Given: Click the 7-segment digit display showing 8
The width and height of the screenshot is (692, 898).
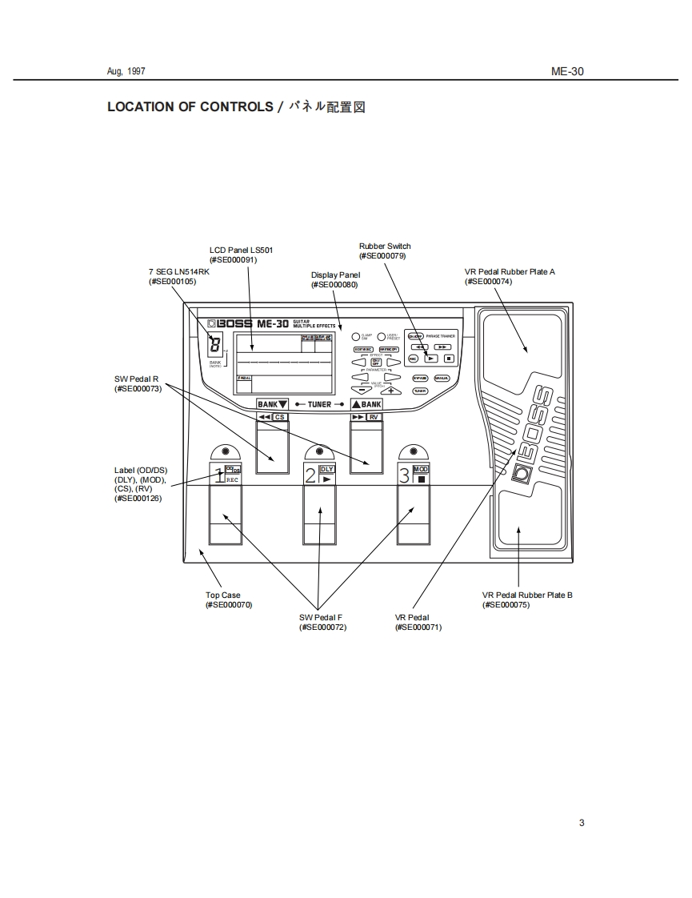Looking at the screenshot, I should (x=214, y=346).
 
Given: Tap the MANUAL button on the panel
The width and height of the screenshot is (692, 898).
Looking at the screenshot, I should (x=442, y=378).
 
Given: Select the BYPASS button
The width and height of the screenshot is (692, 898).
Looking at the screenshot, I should (x=419, y=378).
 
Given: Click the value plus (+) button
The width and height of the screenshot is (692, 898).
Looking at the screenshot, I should (x=392, y=391).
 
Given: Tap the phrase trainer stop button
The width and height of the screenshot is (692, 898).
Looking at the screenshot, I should (x=448, y=358).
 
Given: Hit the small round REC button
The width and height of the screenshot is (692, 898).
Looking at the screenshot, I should (x=413, y=358).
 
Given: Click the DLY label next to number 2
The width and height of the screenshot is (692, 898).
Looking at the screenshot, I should (x=326, y=469).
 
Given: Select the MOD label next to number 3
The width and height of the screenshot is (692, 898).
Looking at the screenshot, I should (x=421, y=469).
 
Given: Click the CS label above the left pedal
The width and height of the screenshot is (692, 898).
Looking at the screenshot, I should (x=279, y=417).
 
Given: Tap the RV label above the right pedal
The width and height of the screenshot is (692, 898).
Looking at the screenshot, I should (x=373, y=417).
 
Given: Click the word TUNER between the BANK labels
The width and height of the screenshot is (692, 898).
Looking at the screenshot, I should (x=319, y=405).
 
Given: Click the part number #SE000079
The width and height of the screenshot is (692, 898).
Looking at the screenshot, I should (x=382, y=256).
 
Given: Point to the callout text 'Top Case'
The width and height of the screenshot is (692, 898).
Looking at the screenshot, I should (x=222, y=595).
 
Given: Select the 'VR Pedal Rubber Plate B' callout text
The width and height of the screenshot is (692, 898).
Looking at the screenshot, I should (x=526, y=595).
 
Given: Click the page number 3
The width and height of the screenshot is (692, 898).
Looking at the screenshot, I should (x=582, y=823).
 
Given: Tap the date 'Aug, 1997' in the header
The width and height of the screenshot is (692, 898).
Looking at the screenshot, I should (x=126, y=71).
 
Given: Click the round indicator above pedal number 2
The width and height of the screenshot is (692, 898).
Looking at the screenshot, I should (x=319, y=451).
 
